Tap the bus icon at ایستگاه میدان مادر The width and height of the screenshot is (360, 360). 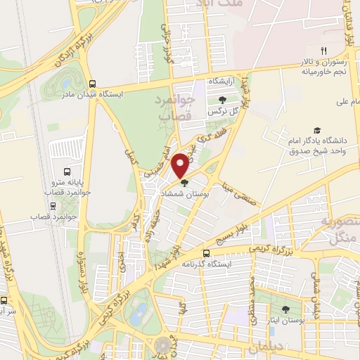coord(92,82)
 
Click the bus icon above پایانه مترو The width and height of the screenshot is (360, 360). coord(67,172)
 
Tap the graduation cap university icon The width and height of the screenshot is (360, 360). coord(317,131)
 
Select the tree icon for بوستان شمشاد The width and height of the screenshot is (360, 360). coord(184,184)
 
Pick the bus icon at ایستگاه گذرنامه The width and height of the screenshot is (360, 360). coord(206,253)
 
